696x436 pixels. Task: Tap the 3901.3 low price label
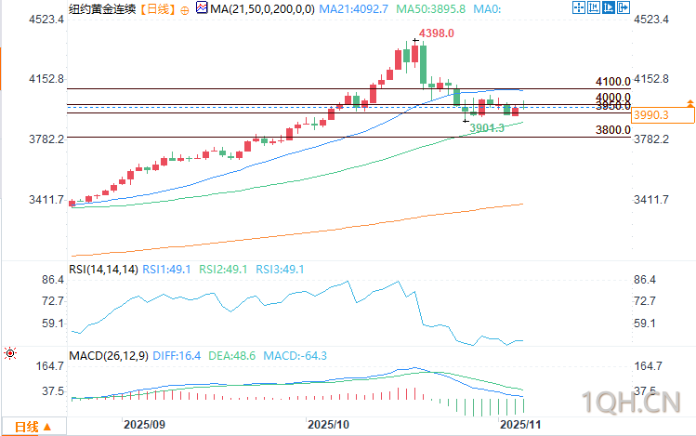tap(486, 127)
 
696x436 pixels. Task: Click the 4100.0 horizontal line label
tap(613, 82)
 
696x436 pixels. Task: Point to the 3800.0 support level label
tap(613, 131)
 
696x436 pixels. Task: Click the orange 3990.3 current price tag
tap(650, 115)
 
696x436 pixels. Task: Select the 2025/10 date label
tap(328, 425)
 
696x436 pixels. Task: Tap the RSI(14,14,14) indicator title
tap(103, 270)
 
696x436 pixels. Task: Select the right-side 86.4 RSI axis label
tap(644, 280)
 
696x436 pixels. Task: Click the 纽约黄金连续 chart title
tap(100, 8)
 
